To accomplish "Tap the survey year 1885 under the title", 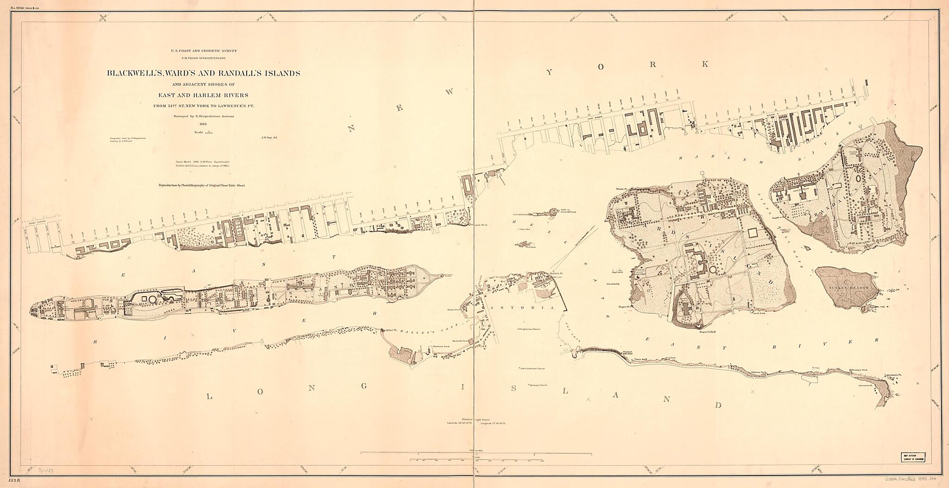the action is tap(202, 124).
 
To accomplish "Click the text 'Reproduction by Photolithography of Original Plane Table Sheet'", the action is tap(202, 185).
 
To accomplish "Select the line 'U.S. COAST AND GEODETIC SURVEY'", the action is tap(203, 51).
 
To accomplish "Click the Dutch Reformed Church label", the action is tap(532, 369).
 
